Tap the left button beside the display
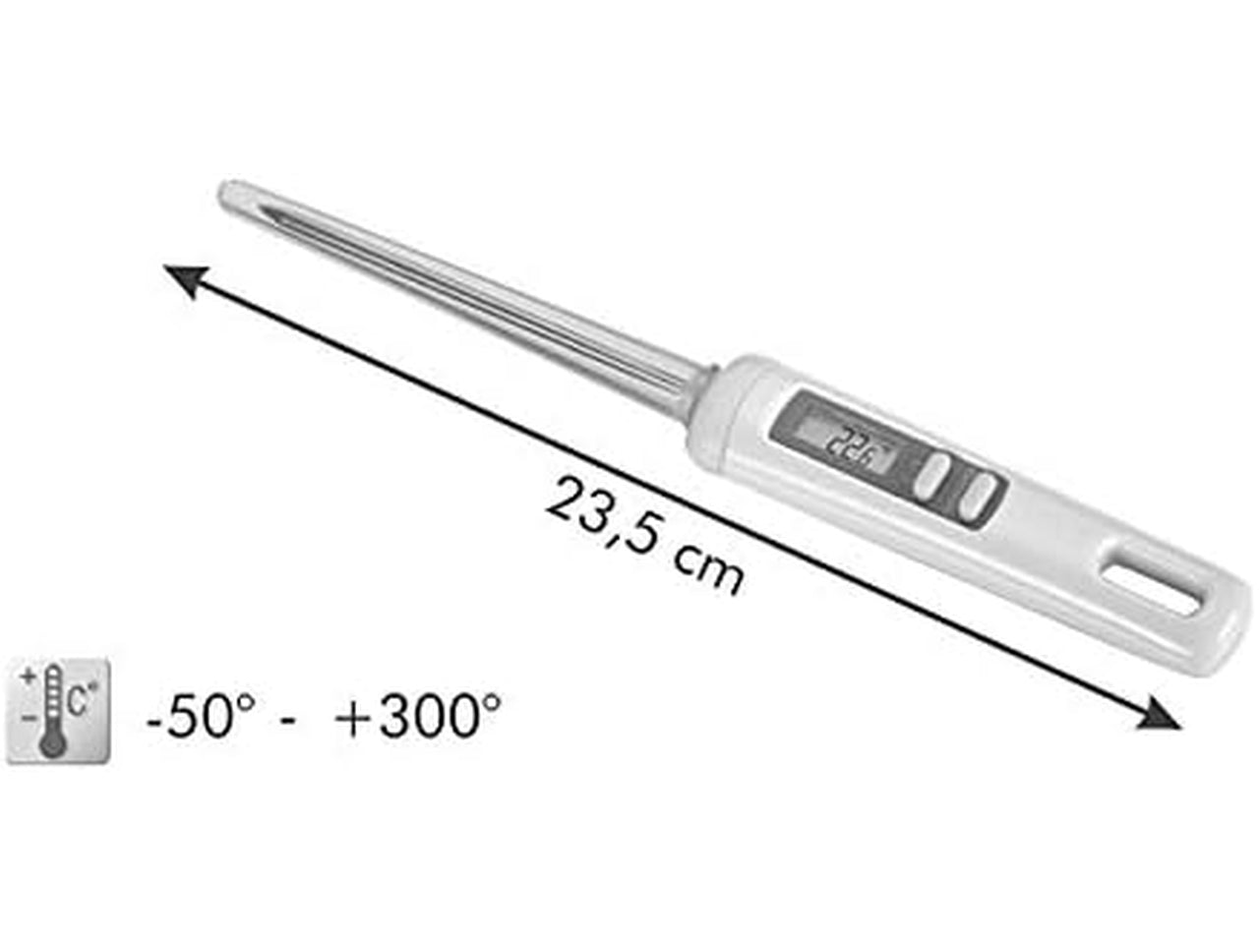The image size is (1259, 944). tap(933, 472)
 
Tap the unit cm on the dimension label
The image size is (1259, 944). tap(708, 569)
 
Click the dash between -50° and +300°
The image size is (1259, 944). tap(288, 721)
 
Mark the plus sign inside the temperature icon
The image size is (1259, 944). tap(28, 678)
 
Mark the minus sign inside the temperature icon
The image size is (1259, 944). tap(28, 718)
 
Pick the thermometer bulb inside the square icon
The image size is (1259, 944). tap(52, 743)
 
